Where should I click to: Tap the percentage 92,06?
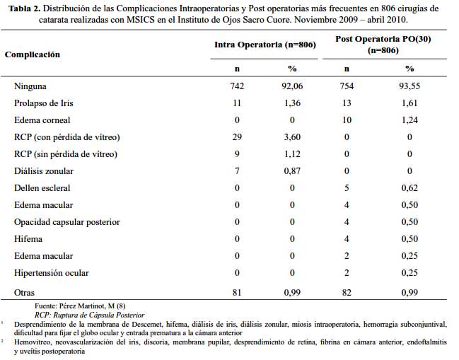coord(292,86)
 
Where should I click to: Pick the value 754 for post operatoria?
coord(347,86)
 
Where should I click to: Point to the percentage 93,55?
coord(409,86)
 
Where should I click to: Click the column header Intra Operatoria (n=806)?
coord(265,45)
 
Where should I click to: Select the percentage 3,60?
coord(292,137)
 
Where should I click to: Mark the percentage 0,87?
coord(292,171)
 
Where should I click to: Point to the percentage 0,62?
coord(409,188)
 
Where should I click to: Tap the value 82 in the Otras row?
coord(347,292)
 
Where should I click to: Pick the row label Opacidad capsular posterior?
coord(67,222)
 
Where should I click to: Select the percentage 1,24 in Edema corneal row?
coord(409,120)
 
